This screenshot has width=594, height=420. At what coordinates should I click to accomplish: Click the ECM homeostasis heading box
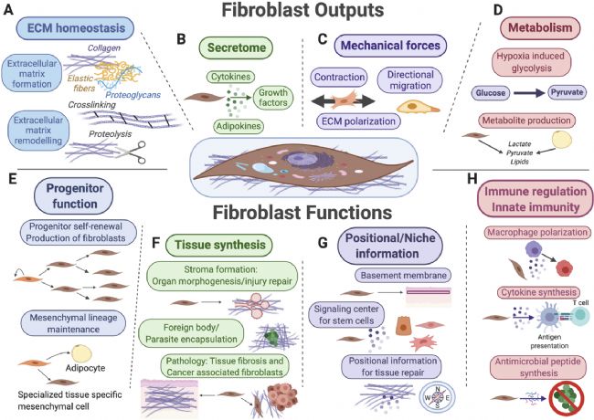pos(75,28)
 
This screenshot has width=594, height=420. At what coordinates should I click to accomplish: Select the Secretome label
pos(237,47)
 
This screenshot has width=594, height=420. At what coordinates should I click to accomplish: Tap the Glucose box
pos(491,93)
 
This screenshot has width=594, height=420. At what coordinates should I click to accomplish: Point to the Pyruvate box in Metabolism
pos(567,92)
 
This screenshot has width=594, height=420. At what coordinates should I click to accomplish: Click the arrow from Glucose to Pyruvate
pos(529,93)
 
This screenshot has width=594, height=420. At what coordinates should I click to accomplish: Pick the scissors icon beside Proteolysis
pos(133,152)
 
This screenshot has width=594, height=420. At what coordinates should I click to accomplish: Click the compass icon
pos(437,398)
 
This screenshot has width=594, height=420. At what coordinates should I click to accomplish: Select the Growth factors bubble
pos(272,98)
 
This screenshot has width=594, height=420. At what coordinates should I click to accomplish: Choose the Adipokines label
pos(239,126)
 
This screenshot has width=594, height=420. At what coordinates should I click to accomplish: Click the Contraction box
pos(339,78)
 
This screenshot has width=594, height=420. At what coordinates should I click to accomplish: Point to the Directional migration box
pos(410,80)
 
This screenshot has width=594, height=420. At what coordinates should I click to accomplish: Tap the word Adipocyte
pos(85,368)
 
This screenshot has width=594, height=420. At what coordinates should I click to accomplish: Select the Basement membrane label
pos(403,276)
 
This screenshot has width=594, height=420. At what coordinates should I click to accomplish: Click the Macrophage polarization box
pos(537,232)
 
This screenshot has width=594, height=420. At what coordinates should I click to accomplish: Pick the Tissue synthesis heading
pos(219,245)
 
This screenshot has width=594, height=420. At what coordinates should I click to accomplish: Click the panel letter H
pos(472,179)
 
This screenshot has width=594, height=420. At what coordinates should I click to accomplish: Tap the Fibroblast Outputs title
pos(302,10)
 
